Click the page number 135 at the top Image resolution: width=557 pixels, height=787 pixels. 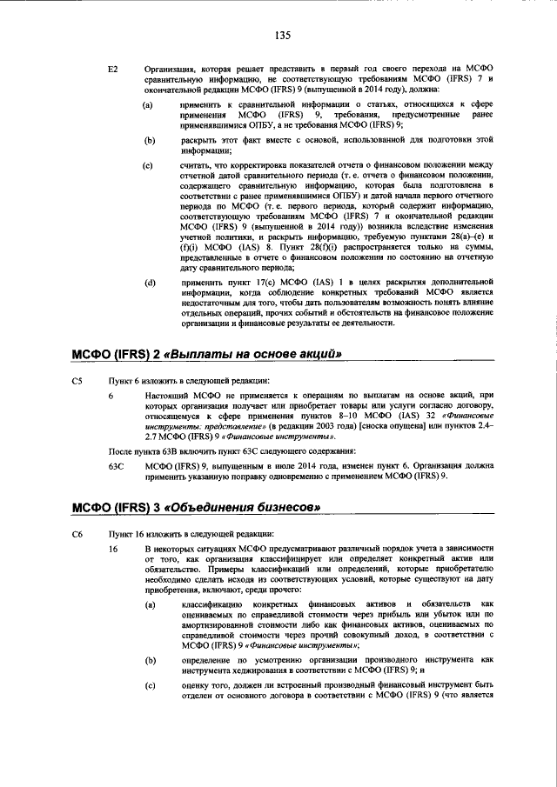click(281, 36)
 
